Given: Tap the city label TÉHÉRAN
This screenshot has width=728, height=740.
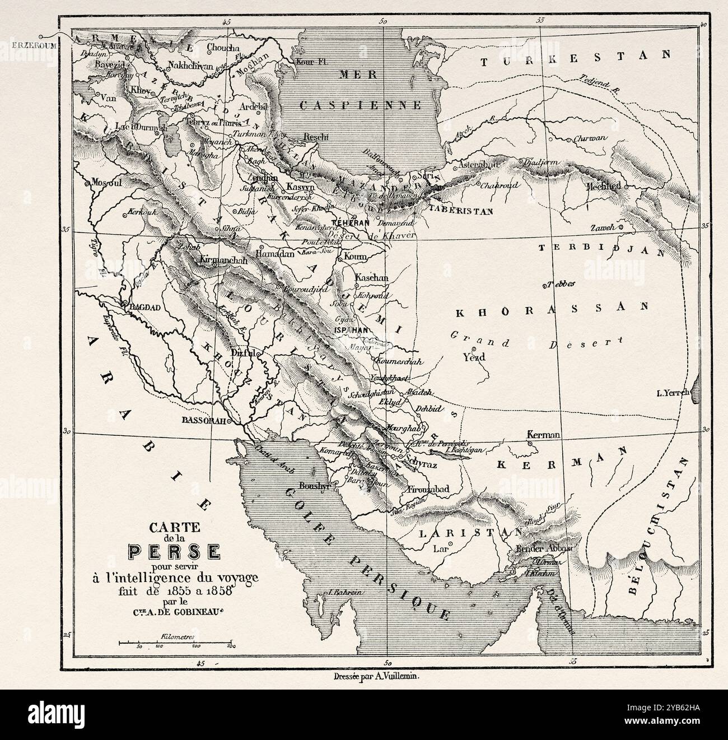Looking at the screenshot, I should [x=352, y=222].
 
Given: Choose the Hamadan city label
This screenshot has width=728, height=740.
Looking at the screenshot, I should [x=275, y=254].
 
